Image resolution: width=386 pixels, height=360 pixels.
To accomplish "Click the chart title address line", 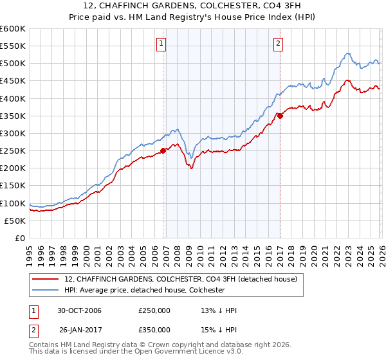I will [193, 6].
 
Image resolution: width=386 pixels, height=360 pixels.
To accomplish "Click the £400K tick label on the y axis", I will [13, 98].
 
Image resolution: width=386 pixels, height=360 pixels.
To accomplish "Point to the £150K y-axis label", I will [13, 185].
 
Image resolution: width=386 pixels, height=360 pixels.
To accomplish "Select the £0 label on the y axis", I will [19, 238].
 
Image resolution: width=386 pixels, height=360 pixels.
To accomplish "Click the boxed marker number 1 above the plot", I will [160, 44].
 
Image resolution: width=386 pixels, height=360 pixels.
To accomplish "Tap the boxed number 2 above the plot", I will [278, 44].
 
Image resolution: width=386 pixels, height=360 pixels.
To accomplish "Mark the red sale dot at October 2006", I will [163, 150].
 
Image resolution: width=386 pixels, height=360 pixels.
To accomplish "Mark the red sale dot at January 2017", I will [280, 116].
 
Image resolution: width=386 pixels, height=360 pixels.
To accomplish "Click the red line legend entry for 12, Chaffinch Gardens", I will [180, 279].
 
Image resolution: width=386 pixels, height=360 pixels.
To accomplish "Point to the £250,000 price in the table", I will [154, 310].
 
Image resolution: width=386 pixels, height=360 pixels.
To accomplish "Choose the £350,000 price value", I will [154, 328].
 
